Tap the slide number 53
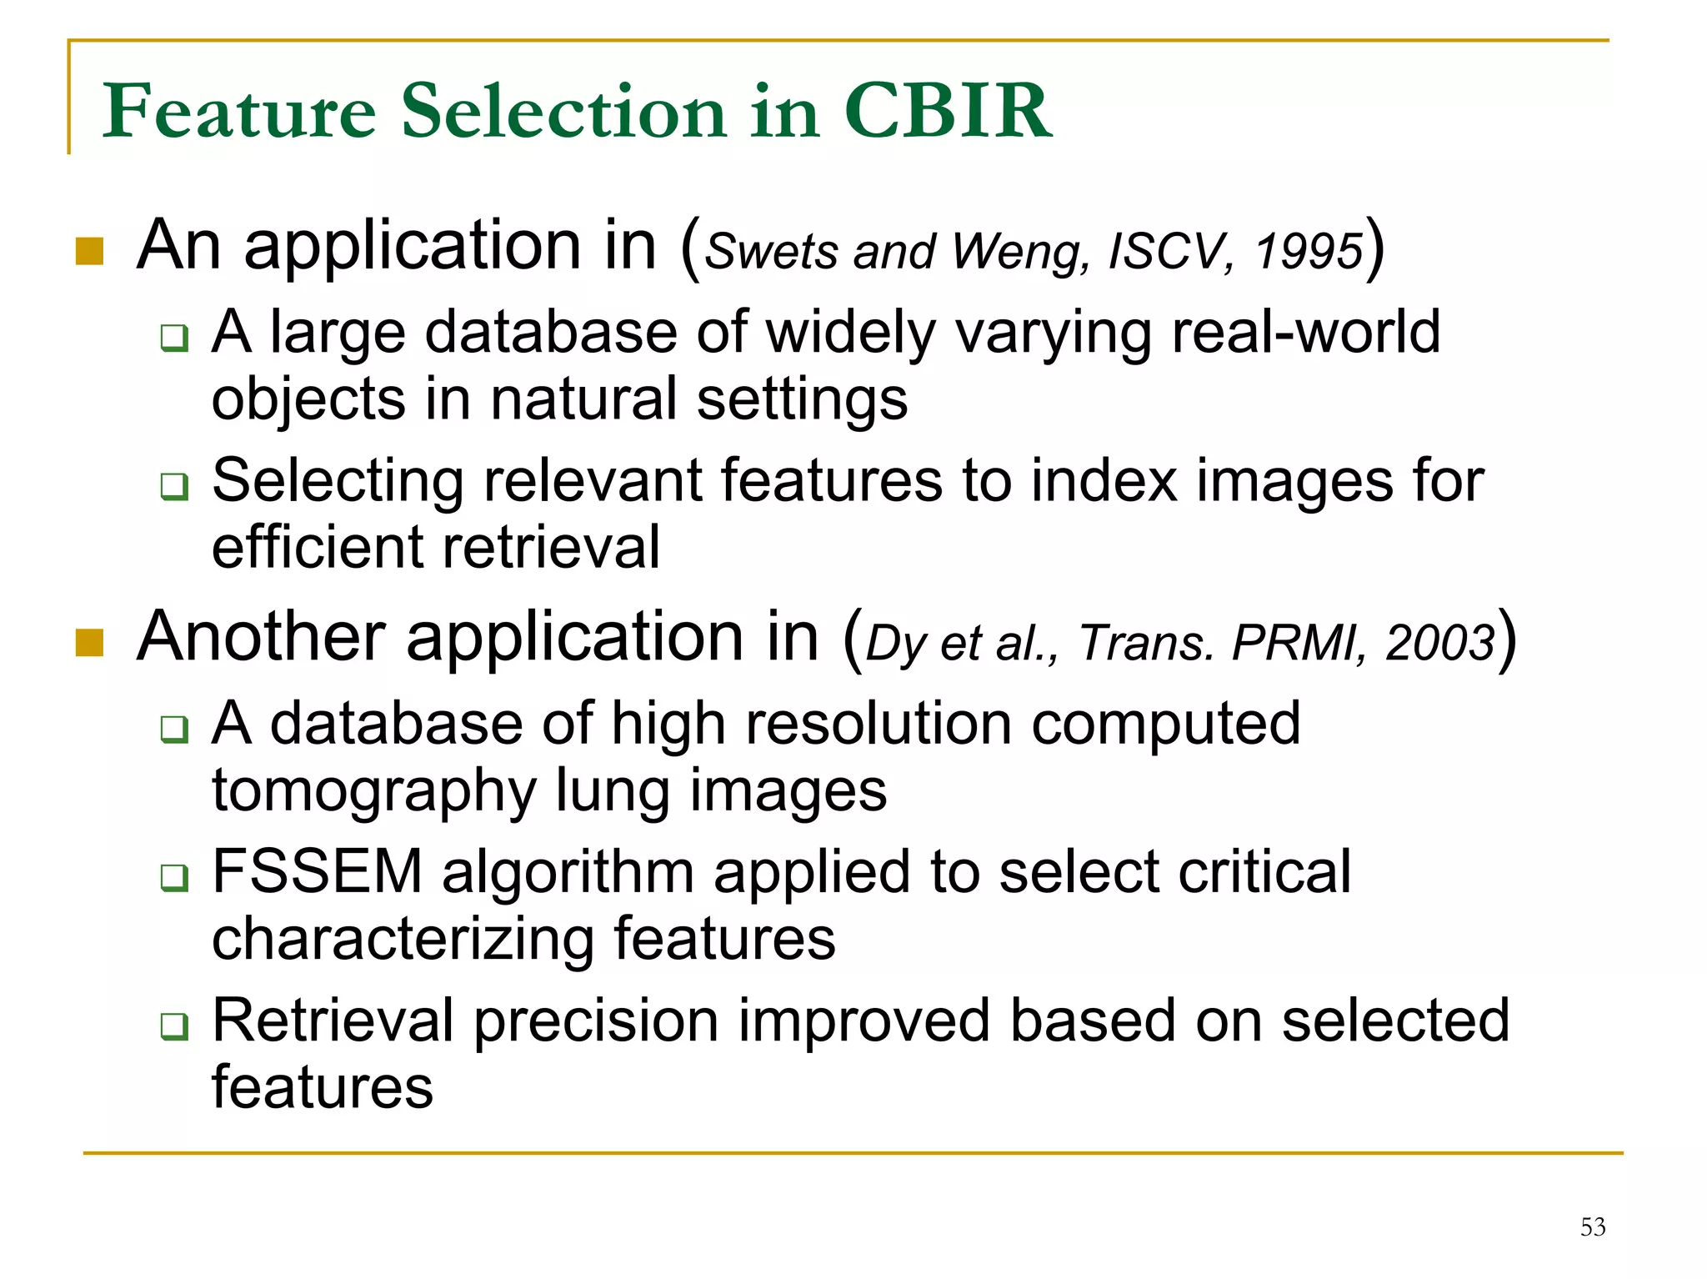(1592, 1226)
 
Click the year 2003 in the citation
(1439, 643)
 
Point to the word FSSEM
(318, 872)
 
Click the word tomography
(374, 791)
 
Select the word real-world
(1305, 332)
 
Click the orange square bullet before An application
(89, 251)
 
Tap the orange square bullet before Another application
(89, 643)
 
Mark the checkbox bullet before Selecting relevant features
(174, 485)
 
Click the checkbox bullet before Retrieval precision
(174, 1026)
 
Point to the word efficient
(318, 548)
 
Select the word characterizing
(403, 940)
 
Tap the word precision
(596, 1021)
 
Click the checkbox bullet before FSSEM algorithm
(174, 877)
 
